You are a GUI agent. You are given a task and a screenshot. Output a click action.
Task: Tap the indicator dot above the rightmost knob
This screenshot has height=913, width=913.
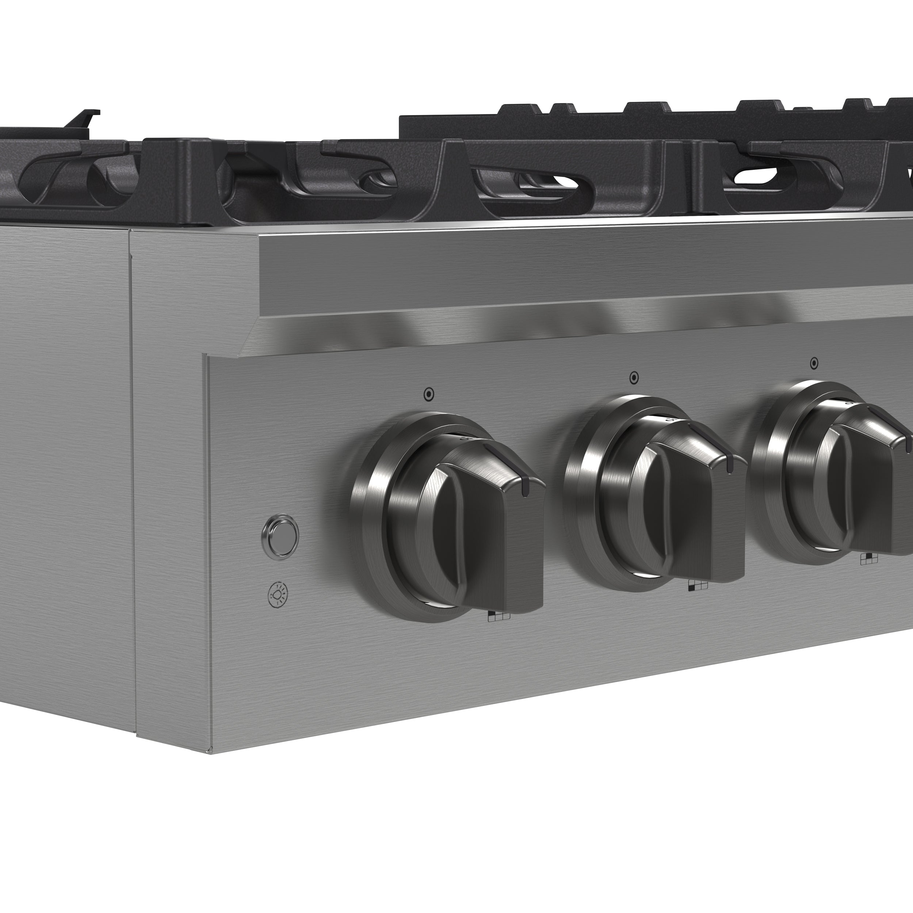814,363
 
